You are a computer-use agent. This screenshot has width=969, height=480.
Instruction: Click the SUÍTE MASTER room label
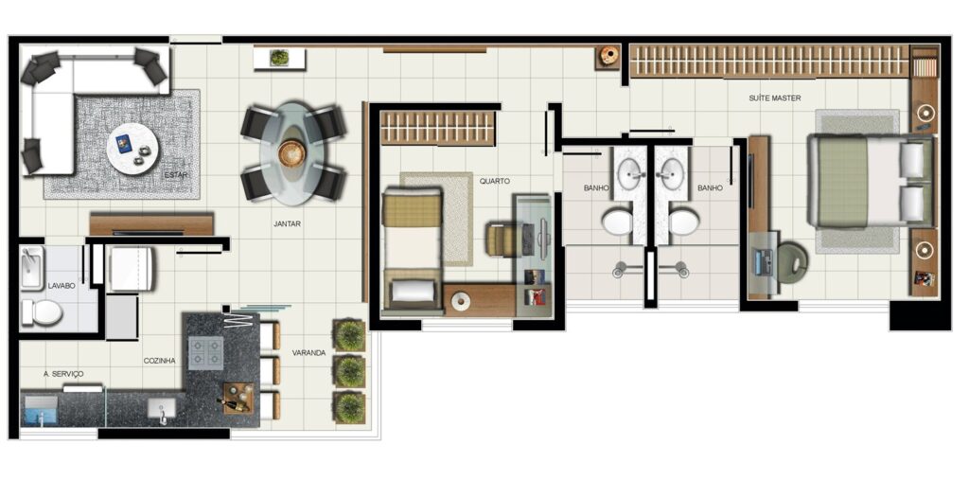(x=774, y=98)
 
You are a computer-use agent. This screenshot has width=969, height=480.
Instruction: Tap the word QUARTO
(x=494, y=182)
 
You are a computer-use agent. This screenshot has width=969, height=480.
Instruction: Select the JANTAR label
(x=287, y=224)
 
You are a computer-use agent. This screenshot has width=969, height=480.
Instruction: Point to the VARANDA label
(x=309, y=352)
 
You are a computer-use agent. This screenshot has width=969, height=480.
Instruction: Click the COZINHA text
(x=159, y=361)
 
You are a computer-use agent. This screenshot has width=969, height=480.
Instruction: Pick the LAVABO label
(x=62, y=286)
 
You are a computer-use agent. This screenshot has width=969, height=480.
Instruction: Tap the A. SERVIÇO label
(x=63, y=374)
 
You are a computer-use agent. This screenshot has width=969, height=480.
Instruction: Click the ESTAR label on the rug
(x=175, y=175)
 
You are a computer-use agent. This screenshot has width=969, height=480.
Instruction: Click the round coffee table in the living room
(x=132, y=149)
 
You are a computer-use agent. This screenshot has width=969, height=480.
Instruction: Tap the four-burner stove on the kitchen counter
(x=205, y=352)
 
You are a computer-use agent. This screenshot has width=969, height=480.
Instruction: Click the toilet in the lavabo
(x=42, y=312)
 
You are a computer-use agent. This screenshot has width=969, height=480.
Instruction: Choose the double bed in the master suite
(x=871, y=181)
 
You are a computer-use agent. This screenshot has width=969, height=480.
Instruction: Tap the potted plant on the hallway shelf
(x=279, y=58)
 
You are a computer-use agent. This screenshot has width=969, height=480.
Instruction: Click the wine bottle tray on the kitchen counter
(x=238, y=398)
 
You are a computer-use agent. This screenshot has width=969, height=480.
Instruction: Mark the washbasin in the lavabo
(x=31, y=267)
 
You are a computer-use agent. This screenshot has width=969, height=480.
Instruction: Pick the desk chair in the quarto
(x=501, y=239)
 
